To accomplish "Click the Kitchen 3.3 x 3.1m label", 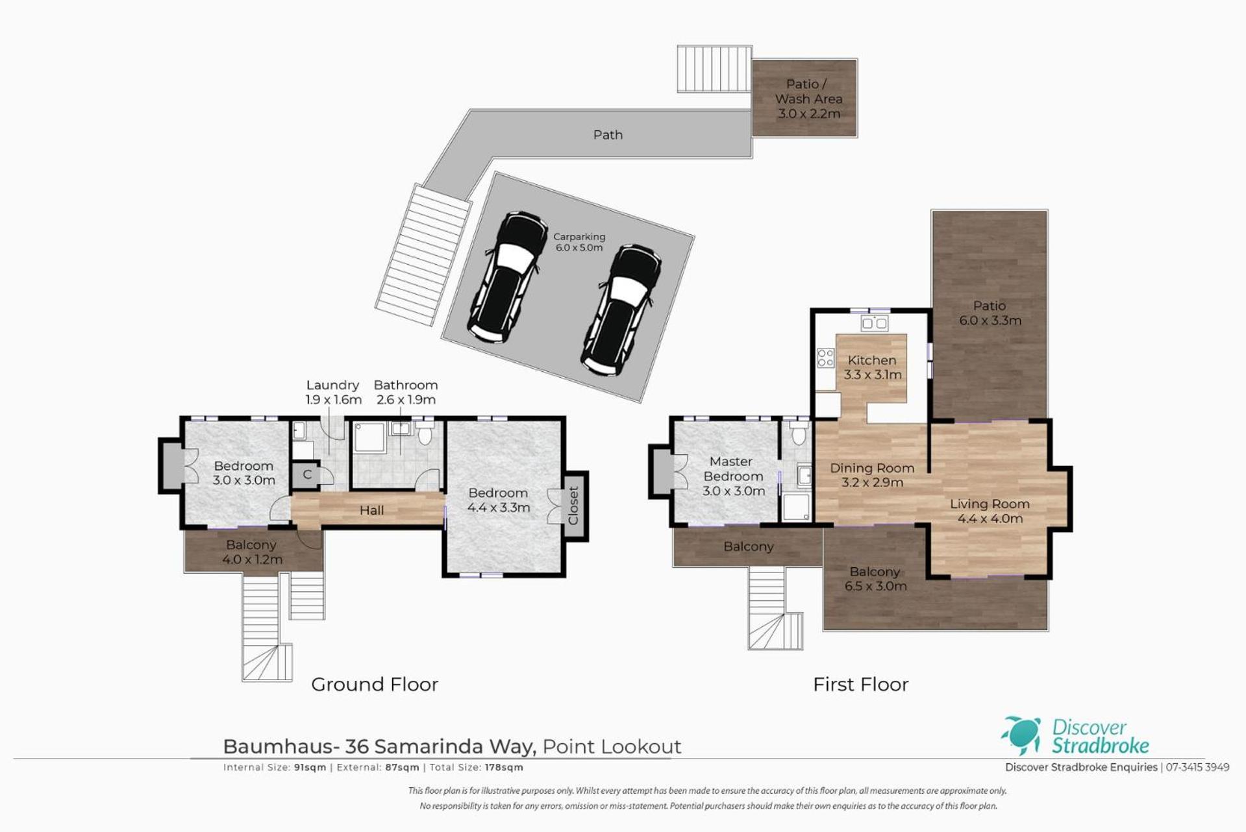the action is pyautogui.click(x=872, y=367).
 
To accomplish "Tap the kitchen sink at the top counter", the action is pyautogui.click(x=874, y=323).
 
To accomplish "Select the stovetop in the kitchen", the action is pyautogui.click(x=825, y=358).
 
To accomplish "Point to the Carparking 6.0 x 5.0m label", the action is pyautogui.click(x=579, y=242).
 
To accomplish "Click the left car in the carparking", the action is pyautogui.click(x=508, y=276).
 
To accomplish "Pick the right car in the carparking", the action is pyautogui.click(x=621, y=310).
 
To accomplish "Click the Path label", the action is pyautogui.click(x=608, y=135).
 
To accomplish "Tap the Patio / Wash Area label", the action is pyautogui.click(x=808, y=99).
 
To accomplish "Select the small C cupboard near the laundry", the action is pyautogui.click(x=307, y=474).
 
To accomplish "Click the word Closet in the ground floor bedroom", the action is pyautogui.click(x=573, y=506).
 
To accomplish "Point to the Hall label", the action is pyautogui.click(x=371, y=511).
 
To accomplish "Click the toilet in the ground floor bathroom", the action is pyautogui.click(x=425, y=432).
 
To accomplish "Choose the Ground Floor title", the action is pyautogui.click(x=375, y=684).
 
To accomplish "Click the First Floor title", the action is pyautogui.click(x=860, y=684).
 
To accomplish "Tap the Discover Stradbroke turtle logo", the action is pyautogui.click(x=1021, y=735).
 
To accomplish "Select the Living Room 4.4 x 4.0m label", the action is pyautogui.click(x=990, y=511).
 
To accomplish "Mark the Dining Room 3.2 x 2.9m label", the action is pyautogui.click(x=872, y=475).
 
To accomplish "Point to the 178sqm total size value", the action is pyautogui.click(x=504, y=767).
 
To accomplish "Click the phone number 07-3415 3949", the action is pyautogui.click(x=1197, y=767).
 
